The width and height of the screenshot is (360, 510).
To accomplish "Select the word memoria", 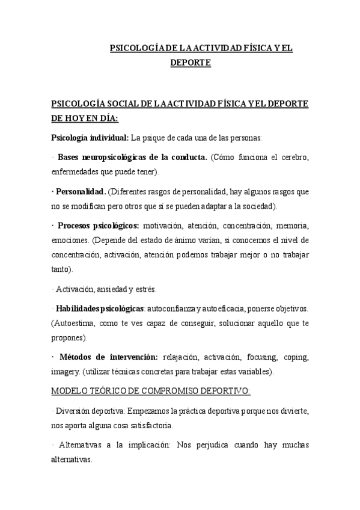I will (x=292, y=226).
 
